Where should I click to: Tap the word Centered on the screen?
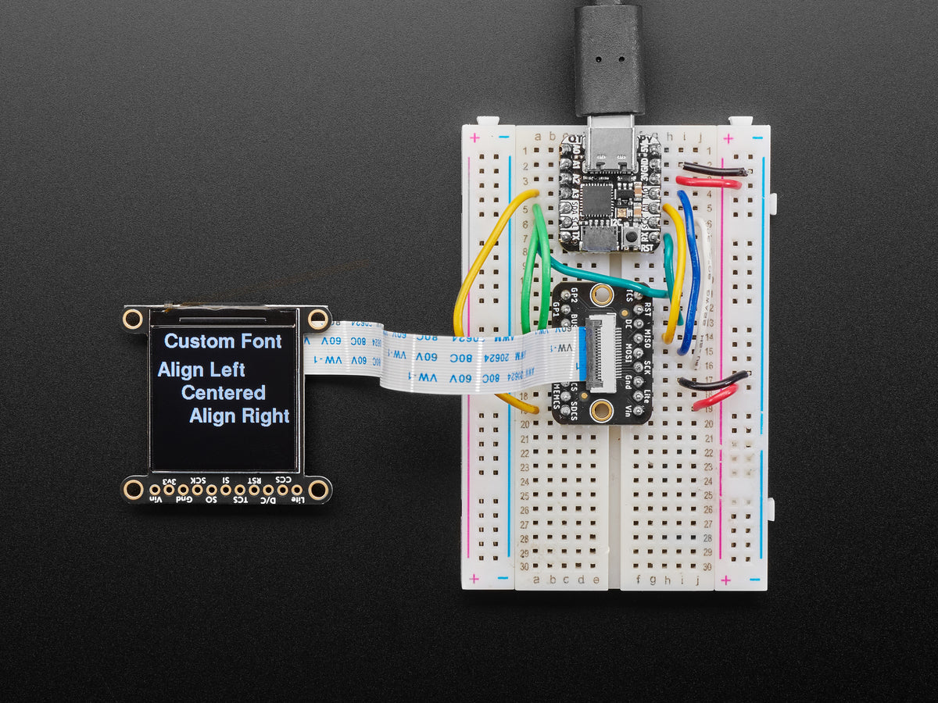224,393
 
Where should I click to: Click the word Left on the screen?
224,369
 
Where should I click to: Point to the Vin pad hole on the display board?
155,491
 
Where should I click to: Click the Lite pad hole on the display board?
296,491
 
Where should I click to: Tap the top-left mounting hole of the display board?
132,319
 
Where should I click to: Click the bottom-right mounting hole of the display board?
318,490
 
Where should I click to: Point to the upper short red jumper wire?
707,182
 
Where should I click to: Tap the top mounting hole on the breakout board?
601,294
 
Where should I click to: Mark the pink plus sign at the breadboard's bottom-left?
474,580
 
